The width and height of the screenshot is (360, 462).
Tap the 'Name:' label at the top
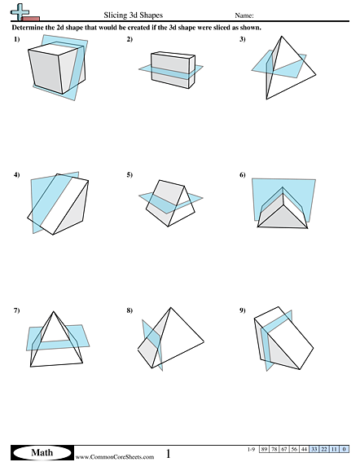(x=244, y=15)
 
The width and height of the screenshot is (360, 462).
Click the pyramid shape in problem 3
(x=281, y=69)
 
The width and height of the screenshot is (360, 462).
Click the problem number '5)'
(x=130, y=174)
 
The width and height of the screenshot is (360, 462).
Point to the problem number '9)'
(x=243, y=310)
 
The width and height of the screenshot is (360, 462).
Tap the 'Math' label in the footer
(x=41, y=451)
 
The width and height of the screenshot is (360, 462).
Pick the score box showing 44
(x=305, y=449)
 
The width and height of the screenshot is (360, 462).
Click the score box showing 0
(x=344, y=449)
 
